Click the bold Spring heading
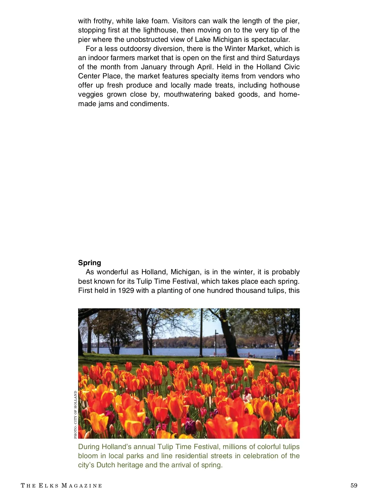(89, 263)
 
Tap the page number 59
(354, 486)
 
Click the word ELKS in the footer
(49, 486)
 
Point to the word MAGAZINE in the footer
(82, 486)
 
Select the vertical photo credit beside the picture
(76, 414)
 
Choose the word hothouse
(284, 85)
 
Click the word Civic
(292, 67)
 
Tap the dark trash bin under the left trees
(117, 350)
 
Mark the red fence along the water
(252, 355)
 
